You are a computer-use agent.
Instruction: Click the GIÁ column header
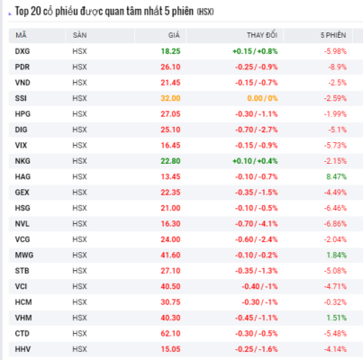point(174,35)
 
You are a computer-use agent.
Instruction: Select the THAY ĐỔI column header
point(262,35)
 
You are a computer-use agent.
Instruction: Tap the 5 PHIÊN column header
point(333,35)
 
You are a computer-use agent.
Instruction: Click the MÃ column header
point(21,35)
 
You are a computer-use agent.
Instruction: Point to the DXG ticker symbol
point(23,51)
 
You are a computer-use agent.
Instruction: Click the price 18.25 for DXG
point(170,51)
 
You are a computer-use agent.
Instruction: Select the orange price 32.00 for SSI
point(170,98)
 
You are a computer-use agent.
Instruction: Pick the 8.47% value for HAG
point(337,176)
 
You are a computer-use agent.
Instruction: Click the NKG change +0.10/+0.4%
point(255,161)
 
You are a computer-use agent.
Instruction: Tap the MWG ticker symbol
point(24,256)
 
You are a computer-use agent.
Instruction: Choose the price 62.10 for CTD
point(170,334)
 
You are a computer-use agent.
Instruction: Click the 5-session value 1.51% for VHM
point(337,318)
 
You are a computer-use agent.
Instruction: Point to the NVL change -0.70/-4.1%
point(257,224)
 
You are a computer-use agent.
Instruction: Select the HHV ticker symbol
point(23,349)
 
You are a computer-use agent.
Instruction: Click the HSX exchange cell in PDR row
point(79,67)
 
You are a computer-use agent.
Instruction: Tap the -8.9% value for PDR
point(338,67)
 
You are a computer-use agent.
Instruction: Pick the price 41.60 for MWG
point(170,256)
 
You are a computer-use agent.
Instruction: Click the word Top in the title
point(22,12)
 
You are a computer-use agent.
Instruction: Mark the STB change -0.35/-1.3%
point(257,271)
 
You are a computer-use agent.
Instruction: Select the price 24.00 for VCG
point(170,239)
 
